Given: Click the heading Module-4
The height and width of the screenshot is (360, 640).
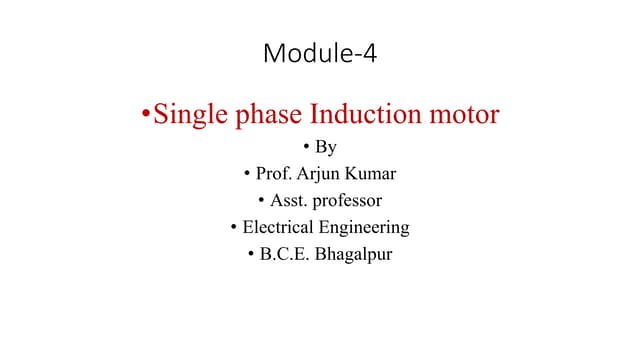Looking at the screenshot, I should coord(320,53).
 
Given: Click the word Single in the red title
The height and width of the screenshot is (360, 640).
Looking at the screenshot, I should coord(189,115).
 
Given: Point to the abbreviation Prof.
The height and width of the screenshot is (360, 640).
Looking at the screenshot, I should coord(276,174).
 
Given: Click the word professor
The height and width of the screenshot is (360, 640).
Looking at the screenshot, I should coord(347,201).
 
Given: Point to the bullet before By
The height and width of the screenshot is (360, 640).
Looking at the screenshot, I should coord(307,149).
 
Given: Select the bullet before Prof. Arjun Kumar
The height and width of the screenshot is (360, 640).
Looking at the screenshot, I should coord(247,175).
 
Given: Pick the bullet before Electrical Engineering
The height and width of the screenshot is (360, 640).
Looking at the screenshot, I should coord(234,227).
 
